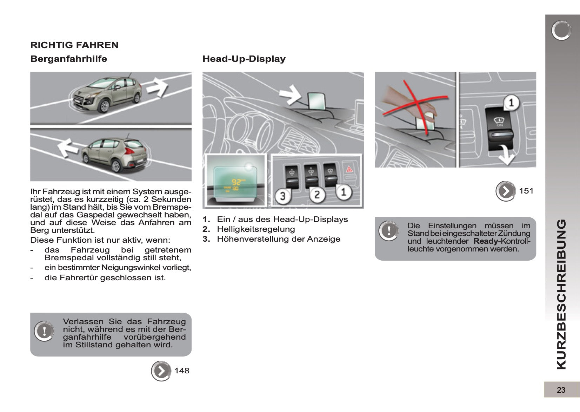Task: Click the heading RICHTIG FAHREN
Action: click(x=74, y=45)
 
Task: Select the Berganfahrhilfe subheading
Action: click(x=69, y=59)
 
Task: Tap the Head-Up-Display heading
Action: click(x=244, y=59)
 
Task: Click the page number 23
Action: click(x=561, y=390)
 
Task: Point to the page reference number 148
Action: click(x=182, y=371)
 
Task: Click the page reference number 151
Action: click(x=526, y=191)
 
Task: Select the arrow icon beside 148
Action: click(x=161, y=371)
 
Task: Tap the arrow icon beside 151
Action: click(x=506, y=191)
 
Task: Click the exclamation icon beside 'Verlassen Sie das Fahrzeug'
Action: click(x=44, y=331)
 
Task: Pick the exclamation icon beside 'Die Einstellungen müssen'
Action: click(x=389, y=231)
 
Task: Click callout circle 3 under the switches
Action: click(x=283, y=196)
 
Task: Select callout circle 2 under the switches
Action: click(x=317, y=194)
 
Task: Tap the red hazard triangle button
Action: click(x=350, y=169)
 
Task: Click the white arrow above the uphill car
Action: click(x=157, y=86)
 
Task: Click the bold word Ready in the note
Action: click(x=486, y=241)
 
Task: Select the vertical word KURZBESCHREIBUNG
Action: click(x=561, y=294)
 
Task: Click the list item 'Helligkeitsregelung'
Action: click(x=256, y=229)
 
